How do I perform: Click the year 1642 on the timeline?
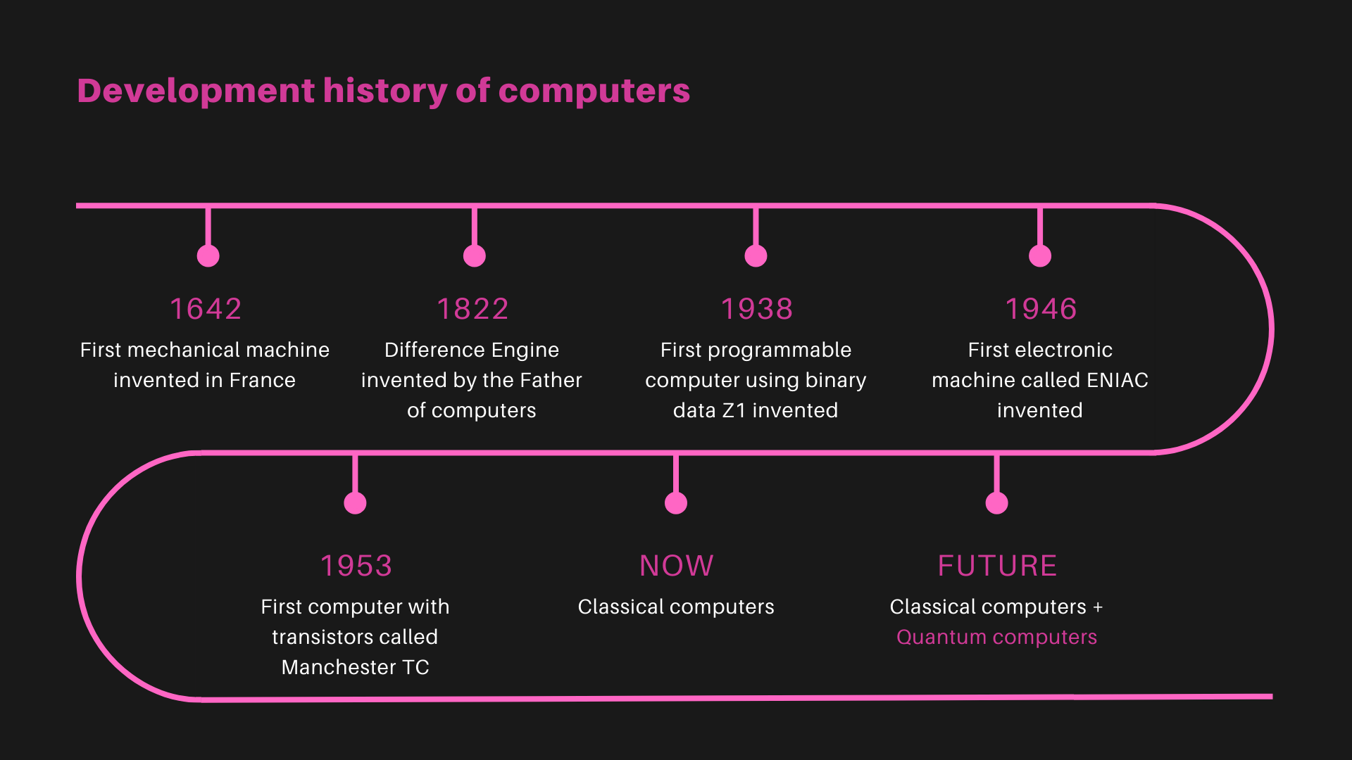click(x=206, y=309)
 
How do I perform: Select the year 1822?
click(x=472, y=309)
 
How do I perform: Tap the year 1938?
click(x=757, y=309)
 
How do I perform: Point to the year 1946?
click(x=1041, y=309)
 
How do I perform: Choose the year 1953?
click(x=356, y=566)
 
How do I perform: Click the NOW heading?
click(x=677, y=566)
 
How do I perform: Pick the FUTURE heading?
click(x=997, y=566)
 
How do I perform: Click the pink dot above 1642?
click(x=208, y=256)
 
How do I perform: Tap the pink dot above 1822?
click(x=475, y=256)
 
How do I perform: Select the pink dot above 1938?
click(x=756, y=256)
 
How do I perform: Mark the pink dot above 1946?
click(x=1040, y=256)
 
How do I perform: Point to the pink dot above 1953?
click(x=355, y=503)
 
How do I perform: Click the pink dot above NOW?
click(x=676, y=503)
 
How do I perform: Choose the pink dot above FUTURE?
click(x=996, y=503)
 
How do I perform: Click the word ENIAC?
click(x=1118, y=380)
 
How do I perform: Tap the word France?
click(x=263, y=380)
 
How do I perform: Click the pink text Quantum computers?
click(x=996, y=638)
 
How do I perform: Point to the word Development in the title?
click(x=196, y=92)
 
